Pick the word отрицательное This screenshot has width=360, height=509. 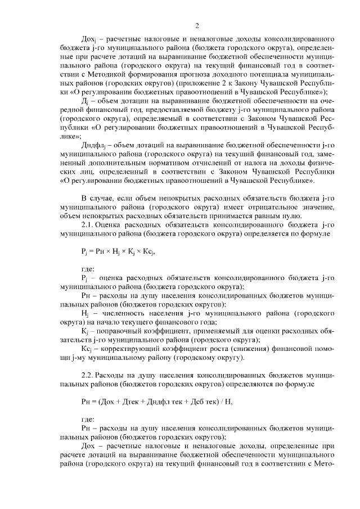tap(267, 206)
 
